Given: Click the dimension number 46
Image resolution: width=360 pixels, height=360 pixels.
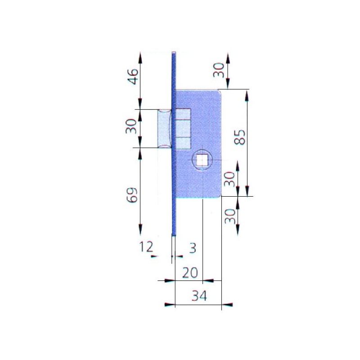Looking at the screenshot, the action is (133, 76).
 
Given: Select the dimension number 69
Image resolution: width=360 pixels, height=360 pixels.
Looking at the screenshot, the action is (132, 195).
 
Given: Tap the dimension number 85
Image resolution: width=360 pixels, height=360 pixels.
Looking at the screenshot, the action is (239, 137).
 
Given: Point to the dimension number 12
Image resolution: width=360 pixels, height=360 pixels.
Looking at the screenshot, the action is (146, 247).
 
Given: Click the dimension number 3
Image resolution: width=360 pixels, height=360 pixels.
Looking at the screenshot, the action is (193, 248).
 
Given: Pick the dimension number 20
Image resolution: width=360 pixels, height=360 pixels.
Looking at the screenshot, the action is (190, 273).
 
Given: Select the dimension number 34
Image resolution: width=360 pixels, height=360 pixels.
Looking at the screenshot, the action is (199, 296).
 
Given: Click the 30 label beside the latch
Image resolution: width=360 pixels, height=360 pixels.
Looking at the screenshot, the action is (131, 126).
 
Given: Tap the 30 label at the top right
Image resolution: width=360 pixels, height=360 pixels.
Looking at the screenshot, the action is (219, 70).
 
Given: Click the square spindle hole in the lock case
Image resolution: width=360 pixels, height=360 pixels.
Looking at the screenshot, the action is (202, 160).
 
